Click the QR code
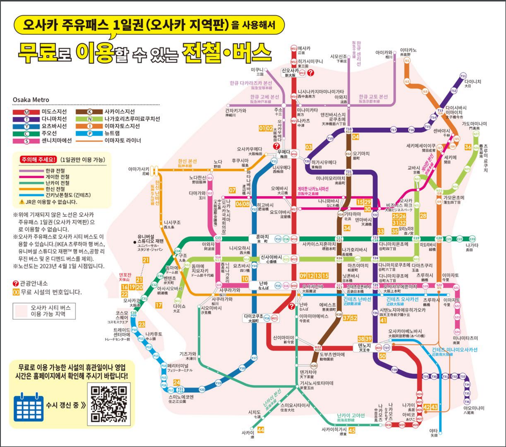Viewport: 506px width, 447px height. point(109,404)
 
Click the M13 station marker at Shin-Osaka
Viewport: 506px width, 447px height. point(302,73)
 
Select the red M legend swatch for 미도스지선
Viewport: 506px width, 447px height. point(26,112)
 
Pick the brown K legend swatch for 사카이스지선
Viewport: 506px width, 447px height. point(89,112)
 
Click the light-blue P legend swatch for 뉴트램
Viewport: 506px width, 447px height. point(89,133)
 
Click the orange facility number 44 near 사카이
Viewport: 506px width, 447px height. point(261,430)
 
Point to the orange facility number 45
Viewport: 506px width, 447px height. point(352,430)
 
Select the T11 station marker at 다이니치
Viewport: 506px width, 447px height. point(463,76)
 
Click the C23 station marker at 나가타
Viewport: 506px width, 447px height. point(472,239)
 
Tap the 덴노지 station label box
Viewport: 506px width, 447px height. point(365,348)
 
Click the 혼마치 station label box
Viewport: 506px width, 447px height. point(262,239)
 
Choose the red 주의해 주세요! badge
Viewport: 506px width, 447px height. point(38,160)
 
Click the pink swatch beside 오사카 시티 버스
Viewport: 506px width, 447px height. point(21,311)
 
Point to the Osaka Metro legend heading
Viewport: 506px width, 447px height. point(31,100)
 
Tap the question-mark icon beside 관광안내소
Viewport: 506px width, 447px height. point(16,283)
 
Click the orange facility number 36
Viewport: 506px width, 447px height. point(468,147)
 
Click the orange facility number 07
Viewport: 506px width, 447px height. point(232,190)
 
